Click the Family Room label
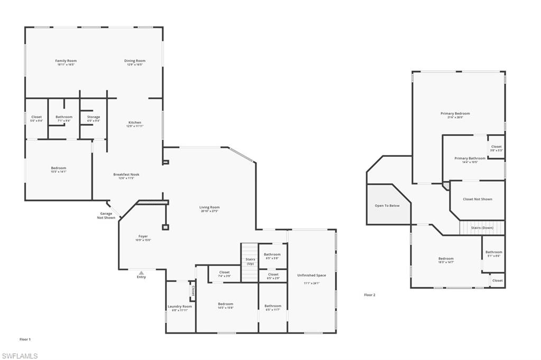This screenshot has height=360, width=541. coord(66,61)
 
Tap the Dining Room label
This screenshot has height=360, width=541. coord(135,61)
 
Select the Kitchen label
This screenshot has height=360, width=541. coord(135,123)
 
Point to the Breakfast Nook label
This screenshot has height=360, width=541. coord(126,175)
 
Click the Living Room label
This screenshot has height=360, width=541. coord(209,208)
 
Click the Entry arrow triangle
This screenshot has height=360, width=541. coord(141,272)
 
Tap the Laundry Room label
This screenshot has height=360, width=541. coord(180,307)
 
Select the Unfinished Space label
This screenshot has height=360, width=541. coord(311,276)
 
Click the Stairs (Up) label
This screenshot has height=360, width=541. coord(250,261)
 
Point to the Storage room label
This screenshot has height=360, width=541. coord(94,117)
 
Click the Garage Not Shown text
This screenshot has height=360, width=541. coord(106,215)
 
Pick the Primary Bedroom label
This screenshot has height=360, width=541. coord(455,113)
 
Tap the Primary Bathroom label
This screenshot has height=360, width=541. coord(470,159)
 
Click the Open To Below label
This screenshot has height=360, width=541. coord(387,205)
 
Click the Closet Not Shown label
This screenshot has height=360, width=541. coord(477,199)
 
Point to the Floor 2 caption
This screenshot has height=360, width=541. coord(370,295)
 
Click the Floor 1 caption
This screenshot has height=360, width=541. coord(25,339)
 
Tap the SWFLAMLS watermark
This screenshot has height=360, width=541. coord(20,355)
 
